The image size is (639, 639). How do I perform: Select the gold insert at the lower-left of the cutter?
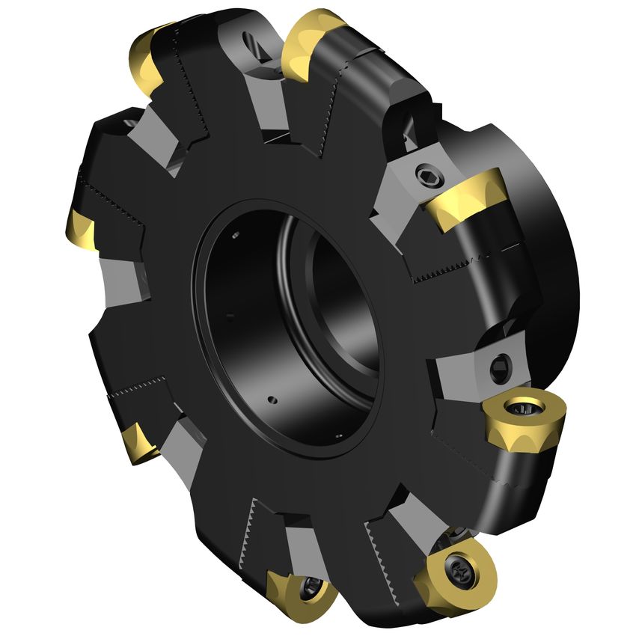pos(139,442)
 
